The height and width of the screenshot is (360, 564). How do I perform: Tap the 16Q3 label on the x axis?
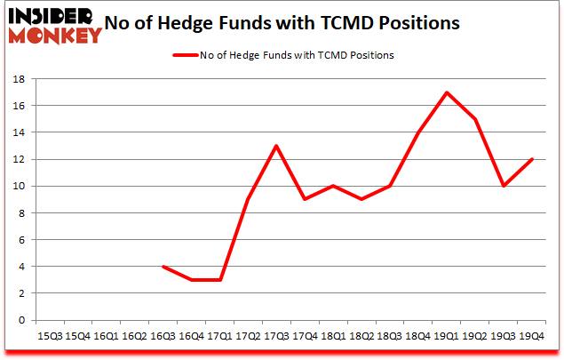coord(163,337)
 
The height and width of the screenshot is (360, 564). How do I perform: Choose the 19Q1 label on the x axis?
coord(446,337)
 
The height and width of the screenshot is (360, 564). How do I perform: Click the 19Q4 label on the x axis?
coord(530,337)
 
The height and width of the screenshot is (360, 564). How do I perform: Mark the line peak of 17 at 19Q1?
coord(446,92)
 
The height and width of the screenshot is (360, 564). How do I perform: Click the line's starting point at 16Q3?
coord(164,267)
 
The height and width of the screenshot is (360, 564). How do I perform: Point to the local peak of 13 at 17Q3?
coord(277,146)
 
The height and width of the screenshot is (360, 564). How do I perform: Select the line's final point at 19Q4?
coord(530,159)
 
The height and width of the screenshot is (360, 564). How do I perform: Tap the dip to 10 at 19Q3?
coord(503,186)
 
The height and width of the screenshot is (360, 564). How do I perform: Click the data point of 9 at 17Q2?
coord(249,199)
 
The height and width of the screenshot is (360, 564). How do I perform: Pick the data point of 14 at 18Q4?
coord(417,132)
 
